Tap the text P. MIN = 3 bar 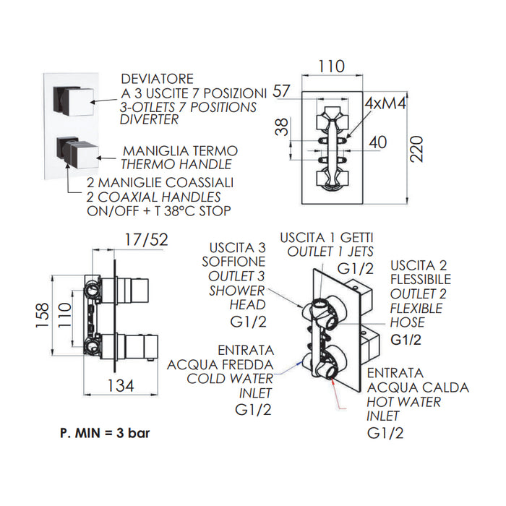(x=106, y=433)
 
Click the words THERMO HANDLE (x=168, y=166)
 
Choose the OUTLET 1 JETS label (x=330, y=251)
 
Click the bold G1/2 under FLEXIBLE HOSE (x=407, y=339)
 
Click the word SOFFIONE (x=236, y=261)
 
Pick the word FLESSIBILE (x=421, y=278)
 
